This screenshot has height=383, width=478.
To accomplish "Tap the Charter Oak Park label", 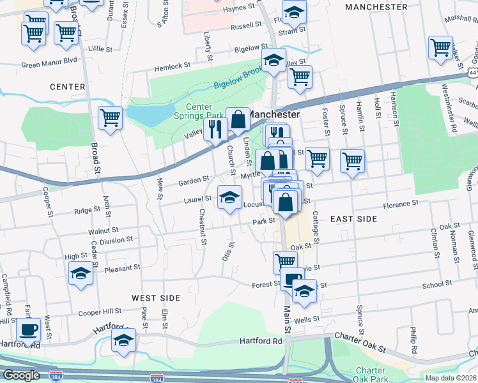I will click(370, 375).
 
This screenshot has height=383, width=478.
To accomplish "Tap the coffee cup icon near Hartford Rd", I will click(29, 330).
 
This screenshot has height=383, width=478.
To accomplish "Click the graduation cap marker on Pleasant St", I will click(81, 273).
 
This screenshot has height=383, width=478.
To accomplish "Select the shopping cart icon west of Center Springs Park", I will click(110, 118).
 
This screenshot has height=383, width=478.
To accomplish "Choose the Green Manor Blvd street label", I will click(49, 64).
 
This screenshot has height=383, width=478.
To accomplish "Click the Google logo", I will click(20, 375).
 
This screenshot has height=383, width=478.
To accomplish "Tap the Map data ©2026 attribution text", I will click(451, 378).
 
